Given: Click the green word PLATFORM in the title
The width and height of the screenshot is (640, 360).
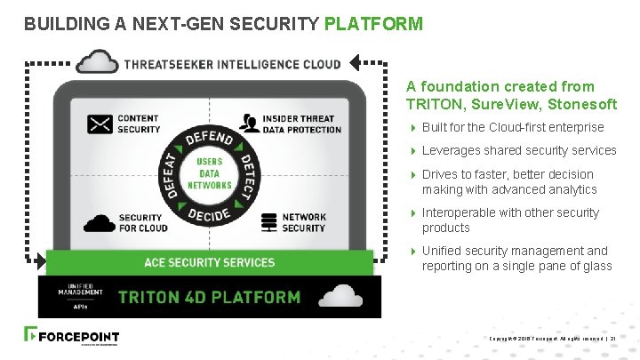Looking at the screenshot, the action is (373, 24).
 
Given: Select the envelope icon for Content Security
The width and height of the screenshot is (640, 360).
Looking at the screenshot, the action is (100, 124).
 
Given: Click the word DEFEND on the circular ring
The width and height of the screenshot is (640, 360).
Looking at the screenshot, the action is (210, 141).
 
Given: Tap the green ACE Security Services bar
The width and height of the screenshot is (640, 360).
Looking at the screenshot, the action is (210, 262).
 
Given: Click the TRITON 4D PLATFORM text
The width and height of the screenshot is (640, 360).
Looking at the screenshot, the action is (209, 297).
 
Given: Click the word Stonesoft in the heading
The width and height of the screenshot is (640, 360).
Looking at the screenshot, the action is (583, 104).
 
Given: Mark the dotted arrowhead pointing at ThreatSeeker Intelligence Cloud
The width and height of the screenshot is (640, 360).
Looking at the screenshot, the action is (356, 62).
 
